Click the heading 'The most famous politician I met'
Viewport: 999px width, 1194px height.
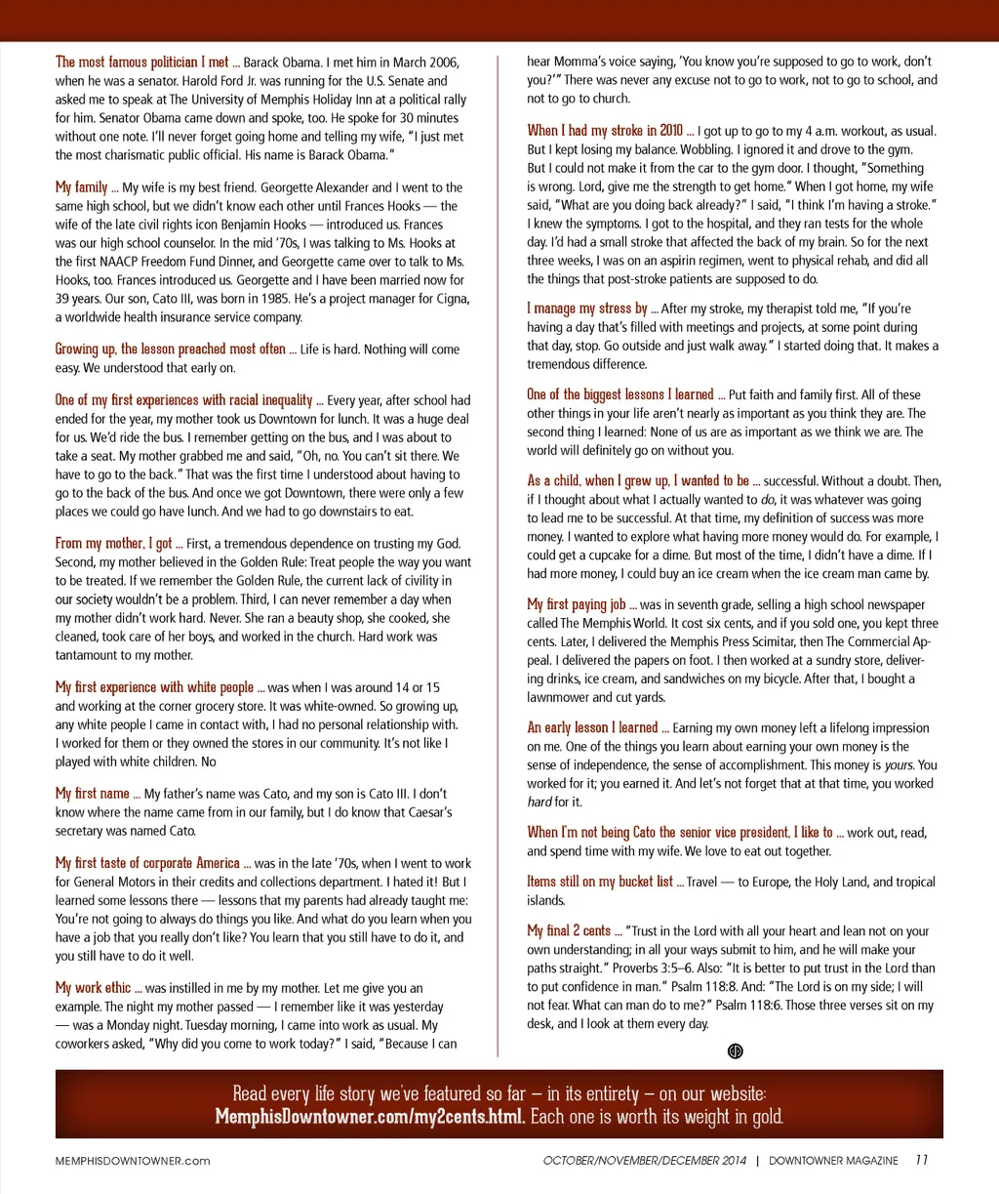pos(142,62)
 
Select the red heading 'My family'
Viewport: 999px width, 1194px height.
pos(81,186)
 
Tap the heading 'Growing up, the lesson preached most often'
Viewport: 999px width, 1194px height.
pos(171,349)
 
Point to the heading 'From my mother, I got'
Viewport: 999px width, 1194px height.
pos(113,543)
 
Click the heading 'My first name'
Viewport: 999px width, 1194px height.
pos(93,793)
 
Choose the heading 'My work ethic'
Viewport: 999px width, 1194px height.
pos(93,987)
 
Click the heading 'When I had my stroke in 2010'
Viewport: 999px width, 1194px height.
pos(605,130)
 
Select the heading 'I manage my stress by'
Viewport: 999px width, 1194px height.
pos(587,308)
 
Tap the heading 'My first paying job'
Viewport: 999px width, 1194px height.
pos(577,604)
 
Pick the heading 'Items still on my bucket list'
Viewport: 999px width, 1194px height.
pos(600,881)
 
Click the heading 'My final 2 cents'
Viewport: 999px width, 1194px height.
pos(569,930)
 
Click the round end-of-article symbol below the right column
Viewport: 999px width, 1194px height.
pos(736,1050)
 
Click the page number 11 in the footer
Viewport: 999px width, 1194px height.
pos(921,1160)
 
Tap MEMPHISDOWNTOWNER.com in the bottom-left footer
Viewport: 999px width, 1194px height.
pos(133,1161)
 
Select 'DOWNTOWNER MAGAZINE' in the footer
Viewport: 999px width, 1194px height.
pos(833,1161)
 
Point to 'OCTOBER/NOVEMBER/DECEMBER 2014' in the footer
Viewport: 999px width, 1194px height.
pos(645,1161)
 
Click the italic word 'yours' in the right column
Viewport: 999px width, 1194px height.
pos(899,764)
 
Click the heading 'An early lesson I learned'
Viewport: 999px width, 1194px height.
pos(592,727)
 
